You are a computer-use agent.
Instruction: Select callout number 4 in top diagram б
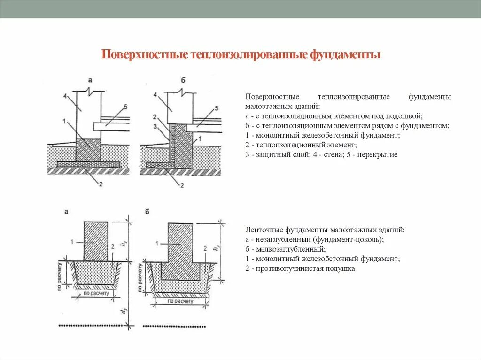click(x=155, y=94)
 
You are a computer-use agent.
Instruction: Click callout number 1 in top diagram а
click(x=63, y=121)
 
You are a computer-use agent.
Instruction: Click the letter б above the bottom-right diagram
click(x=147, y=212)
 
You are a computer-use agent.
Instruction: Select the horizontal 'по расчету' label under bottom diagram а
click(x=96, y=293)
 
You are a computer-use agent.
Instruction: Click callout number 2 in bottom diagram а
click(x=113, y=246)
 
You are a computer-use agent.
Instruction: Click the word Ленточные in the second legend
click(x=261, y=230)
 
